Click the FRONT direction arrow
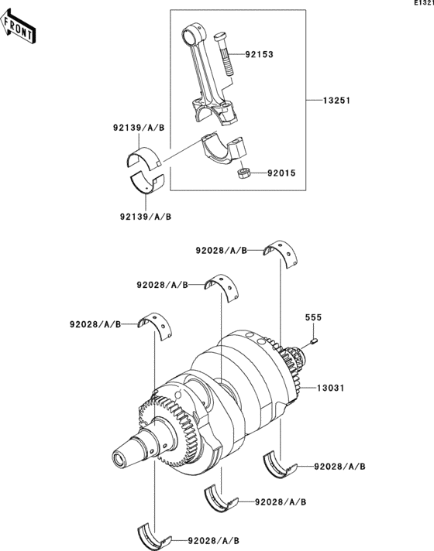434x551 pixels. [18, 27]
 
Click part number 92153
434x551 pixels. [259, 54]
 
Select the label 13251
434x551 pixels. [337, 101]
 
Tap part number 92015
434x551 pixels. [281, 173]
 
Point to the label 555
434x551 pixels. [313, 317]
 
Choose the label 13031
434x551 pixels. [330, 388]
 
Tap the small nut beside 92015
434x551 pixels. [243, 173]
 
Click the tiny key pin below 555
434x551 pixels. [315, 340]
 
